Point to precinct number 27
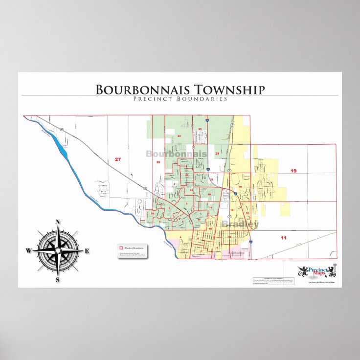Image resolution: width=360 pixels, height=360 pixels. [117, 159]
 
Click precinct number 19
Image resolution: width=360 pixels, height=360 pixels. [293, 171]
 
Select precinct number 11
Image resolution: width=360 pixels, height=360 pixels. [283, 238]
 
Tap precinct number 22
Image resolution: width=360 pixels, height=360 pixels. [179, 135]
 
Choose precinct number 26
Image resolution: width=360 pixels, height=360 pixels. [158, 161]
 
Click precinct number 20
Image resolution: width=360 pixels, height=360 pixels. [200, 129]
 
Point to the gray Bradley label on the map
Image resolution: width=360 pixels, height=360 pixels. [239, 224]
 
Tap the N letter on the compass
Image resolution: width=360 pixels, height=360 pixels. [58, 222]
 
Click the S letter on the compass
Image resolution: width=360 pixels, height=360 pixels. [58, 280]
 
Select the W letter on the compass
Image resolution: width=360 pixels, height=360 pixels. [29, 251]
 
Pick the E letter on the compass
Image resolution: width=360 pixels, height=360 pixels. [87, 251]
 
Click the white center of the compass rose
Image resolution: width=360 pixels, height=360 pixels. [58, 250]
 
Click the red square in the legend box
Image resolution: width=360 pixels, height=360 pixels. [121, 248]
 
